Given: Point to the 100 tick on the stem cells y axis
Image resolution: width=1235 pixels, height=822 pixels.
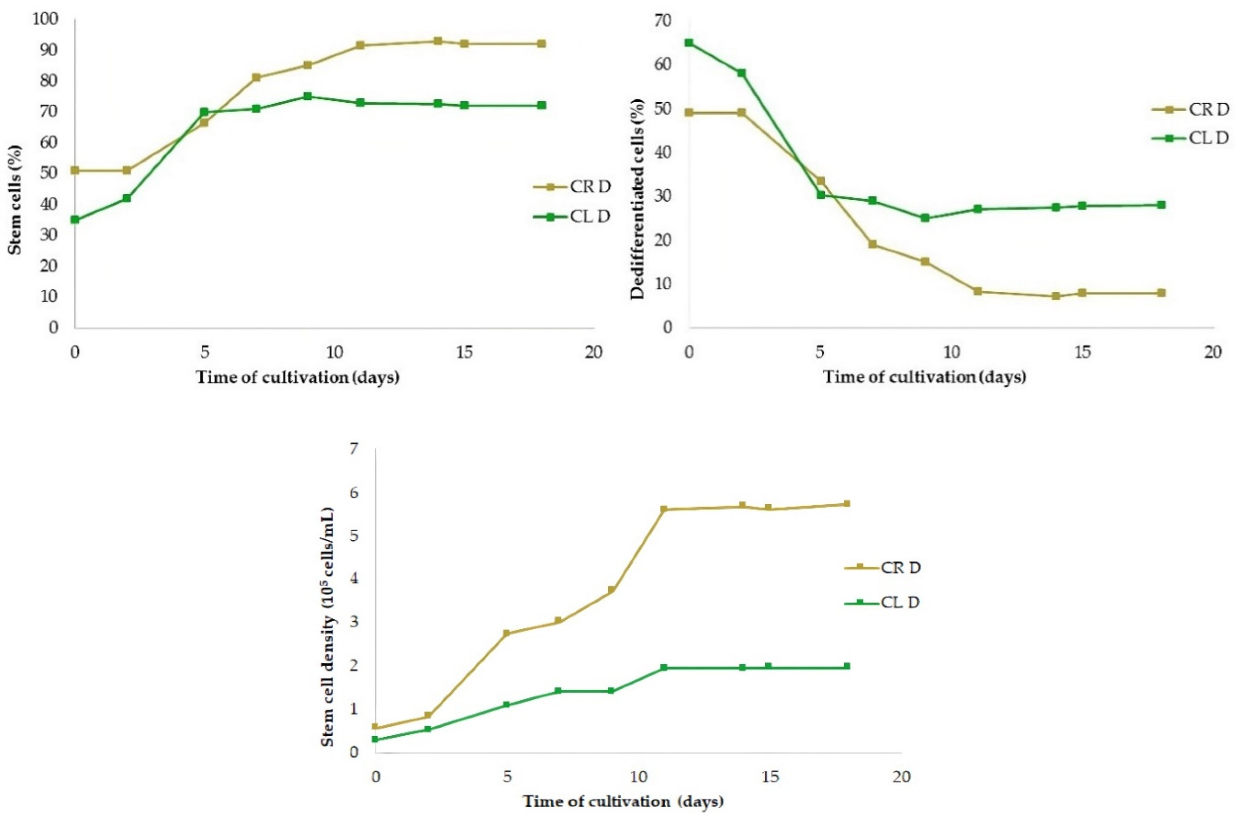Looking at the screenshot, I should coord(45,20).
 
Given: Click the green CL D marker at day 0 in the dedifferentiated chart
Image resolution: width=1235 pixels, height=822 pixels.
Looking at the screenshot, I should coord(689,42).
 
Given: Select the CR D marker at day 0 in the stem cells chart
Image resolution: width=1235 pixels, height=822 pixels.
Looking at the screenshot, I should coord(75,170).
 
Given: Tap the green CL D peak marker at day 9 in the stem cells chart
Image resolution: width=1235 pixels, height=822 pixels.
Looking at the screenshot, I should coord(308,96).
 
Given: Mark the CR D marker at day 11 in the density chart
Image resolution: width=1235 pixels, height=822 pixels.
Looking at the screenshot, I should coord(664,509).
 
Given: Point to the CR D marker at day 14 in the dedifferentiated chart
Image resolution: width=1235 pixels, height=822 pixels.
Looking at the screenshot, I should coord(1056,296).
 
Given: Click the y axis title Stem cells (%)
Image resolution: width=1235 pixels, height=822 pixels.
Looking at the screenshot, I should coord(15,200).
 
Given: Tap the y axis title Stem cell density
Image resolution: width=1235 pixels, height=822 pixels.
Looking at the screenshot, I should coord(328,627).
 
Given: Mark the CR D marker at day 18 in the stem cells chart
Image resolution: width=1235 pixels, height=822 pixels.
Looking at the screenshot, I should coord(541,43).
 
